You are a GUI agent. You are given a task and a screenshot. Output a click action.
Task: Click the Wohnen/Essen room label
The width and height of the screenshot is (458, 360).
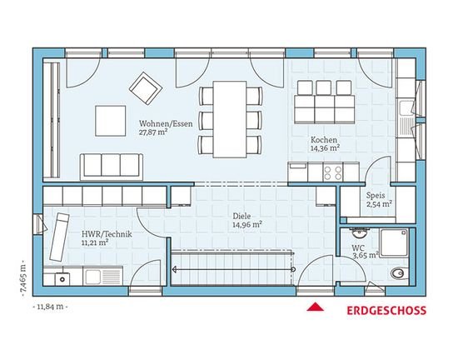166,123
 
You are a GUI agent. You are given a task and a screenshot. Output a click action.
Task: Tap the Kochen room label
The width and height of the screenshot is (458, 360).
324,140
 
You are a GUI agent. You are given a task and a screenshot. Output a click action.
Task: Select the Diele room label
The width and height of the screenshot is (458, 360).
241,216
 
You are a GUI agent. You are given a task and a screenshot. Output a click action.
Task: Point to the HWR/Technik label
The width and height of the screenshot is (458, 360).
107,234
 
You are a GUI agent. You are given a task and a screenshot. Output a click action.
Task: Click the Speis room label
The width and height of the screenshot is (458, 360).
376,195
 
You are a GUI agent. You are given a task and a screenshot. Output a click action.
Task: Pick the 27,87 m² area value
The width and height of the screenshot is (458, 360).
153,132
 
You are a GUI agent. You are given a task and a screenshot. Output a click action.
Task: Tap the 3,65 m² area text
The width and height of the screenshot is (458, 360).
366,256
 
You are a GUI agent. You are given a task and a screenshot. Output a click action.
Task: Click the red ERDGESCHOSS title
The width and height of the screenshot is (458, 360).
386,310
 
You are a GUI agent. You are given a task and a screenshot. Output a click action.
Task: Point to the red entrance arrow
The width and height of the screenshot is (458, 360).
315,307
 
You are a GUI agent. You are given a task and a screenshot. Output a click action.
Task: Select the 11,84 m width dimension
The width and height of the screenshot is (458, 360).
50,307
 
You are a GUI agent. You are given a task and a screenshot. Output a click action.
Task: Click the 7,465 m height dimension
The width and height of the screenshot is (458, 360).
23,278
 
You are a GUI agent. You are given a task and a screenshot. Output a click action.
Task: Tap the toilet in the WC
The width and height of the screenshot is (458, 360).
398,273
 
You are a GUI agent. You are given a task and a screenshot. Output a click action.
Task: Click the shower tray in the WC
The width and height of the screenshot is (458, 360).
393,242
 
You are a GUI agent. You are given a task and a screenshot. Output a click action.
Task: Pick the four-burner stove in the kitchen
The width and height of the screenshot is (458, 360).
333,172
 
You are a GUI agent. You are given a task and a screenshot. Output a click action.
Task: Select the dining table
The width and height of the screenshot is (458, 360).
230,119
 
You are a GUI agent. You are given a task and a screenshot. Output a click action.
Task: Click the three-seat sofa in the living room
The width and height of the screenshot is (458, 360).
112,167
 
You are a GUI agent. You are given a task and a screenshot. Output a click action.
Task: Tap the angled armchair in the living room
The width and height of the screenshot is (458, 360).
146,88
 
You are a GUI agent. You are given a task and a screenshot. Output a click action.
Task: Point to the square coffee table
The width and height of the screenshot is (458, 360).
111,121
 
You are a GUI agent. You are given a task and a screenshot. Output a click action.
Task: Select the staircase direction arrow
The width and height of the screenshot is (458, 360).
234,269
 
